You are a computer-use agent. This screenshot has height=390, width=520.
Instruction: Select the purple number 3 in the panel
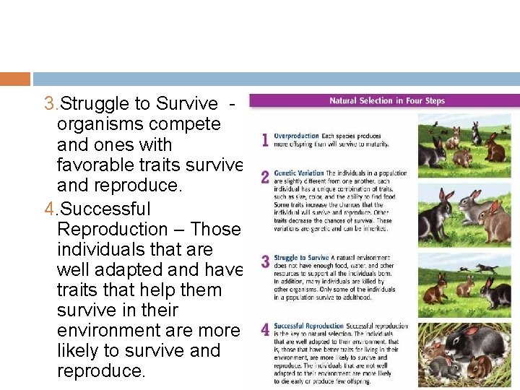pos(266,261)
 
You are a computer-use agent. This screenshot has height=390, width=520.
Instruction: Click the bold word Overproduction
pos(298,135)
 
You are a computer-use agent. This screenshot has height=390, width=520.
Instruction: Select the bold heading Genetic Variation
pos(298,173)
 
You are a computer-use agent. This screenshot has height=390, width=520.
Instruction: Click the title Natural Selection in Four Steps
pos(387,101)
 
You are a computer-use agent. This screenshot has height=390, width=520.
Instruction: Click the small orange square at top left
pos(15,79)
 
